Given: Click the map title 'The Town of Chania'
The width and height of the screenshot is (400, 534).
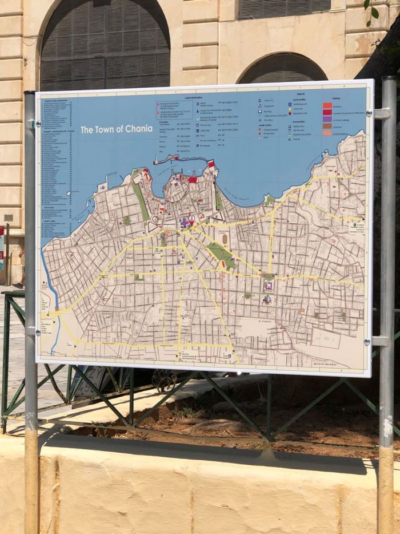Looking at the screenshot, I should click(x=116, y=129).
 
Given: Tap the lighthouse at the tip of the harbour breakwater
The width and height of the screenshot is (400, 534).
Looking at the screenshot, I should click(x=155, y=162).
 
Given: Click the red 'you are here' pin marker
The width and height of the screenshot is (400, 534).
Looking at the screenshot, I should click(x=191, y=218).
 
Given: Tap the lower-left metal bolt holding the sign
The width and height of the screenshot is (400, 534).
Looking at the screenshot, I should click(x=38, y=331).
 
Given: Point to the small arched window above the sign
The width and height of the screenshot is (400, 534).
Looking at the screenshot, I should click(x=282, y=68).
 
